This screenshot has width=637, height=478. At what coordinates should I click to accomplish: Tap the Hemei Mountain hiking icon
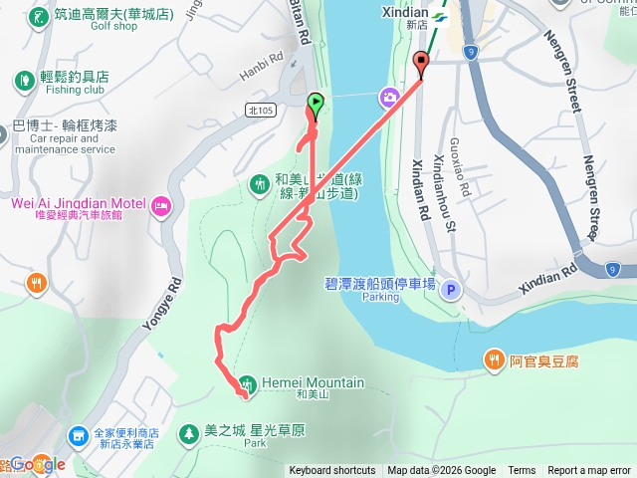[248, 383]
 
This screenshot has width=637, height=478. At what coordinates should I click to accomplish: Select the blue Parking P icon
[451, 290]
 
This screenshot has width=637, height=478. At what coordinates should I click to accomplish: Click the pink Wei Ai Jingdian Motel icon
[161, 206]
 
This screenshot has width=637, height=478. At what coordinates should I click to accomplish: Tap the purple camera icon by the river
[387, 96]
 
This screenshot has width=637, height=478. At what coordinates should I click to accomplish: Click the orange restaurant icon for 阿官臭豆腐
[495, 360]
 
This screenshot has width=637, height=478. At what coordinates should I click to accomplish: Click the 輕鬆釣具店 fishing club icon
[23, 79]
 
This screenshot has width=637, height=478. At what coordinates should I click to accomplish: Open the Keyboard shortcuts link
[332, 471]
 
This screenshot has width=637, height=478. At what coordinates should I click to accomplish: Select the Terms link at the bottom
[522, 471]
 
